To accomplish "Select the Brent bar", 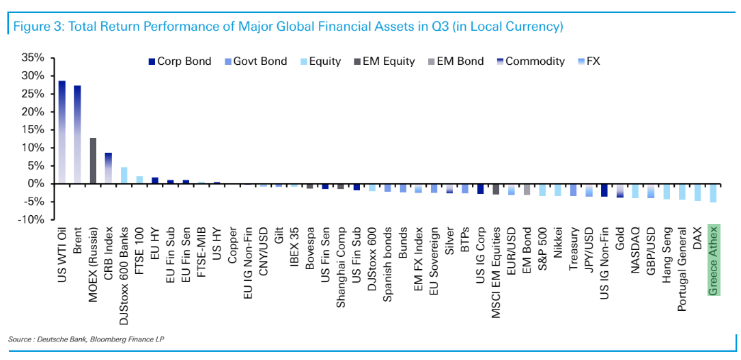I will click(78, 135).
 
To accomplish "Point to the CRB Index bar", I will click(109, 168).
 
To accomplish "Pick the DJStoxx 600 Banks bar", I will click(124, 176).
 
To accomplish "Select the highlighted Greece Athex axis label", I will click(713, 260).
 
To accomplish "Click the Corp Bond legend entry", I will click(178, 61).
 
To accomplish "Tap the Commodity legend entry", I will click(531, 61).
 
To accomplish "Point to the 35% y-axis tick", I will click(33, 57).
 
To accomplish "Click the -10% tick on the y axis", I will click(33, 220).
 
